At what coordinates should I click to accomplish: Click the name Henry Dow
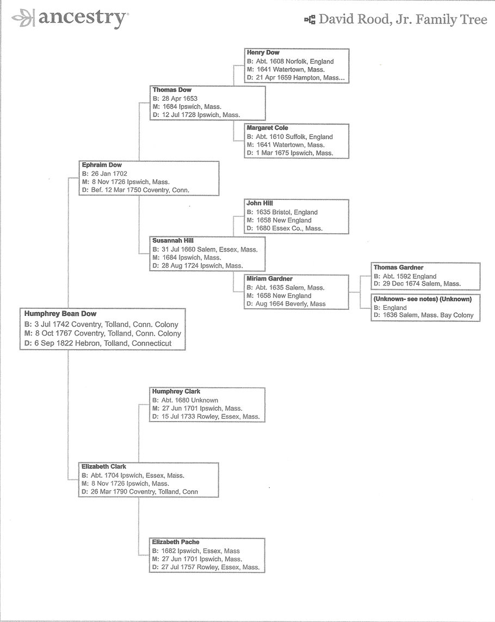click(x=263, y=53)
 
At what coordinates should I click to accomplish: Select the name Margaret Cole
click(x=267, y=128)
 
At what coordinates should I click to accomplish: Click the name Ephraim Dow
click(x=102, y=165)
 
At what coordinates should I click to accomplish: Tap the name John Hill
click(x=259, y=203)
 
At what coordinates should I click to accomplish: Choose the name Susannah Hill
click(x=173, y=240)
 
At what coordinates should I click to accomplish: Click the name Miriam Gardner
click(x=269, y=279)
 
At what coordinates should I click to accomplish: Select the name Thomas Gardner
click(x=398, y=267)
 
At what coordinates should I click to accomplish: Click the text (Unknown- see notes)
click(x=402, y=299)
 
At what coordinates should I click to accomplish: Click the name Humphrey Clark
click(x=176, y=391)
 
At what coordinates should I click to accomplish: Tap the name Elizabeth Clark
click(x=104, y=467)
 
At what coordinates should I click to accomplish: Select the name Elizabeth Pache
click(x=176, y=542)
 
